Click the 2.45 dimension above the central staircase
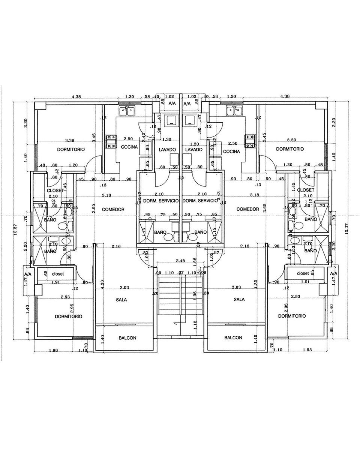180,261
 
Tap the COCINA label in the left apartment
129,147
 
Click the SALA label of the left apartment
121,300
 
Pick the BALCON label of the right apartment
233,337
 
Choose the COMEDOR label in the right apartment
248,209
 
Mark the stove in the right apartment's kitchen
249,141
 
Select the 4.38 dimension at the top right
285,96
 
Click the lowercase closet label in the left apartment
58,274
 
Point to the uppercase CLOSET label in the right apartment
305,190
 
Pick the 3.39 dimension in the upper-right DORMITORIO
292,140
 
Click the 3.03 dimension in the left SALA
124,287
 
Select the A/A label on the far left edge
28,274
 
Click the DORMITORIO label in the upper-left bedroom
71,149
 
